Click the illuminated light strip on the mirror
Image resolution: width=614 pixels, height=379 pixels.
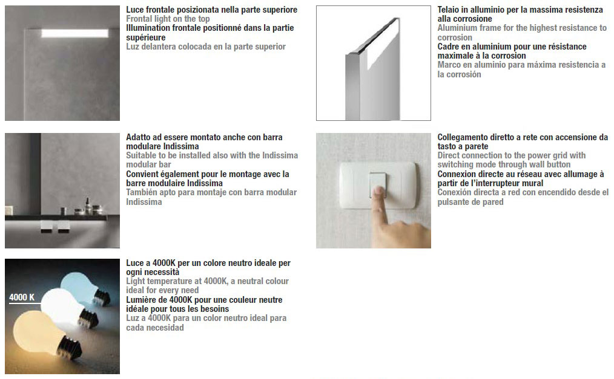tap(76, 34)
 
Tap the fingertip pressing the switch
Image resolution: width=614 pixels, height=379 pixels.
tap(378, 192)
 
